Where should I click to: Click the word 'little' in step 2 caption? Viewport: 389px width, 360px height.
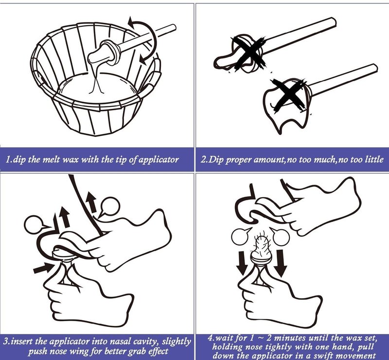click(x=374, y=159)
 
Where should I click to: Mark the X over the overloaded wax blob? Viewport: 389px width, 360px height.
click(x=288, y=94)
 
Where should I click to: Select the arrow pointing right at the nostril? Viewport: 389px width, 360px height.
click(x=43, y=268)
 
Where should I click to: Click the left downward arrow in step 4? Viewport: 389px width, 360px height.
click(x=241, y=263)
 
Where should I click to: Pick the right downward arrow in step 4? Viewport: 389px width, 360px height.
click(x=281, y=263)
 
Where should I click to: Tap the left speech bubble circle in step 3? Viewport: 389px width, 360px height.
click(x=35, y=224)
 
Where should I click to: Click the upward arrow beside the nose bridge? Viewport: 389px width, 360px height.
click(x=91, y=202)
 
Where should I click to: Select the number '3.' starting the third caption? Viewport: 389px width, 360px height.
click(x=6, y=342)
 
